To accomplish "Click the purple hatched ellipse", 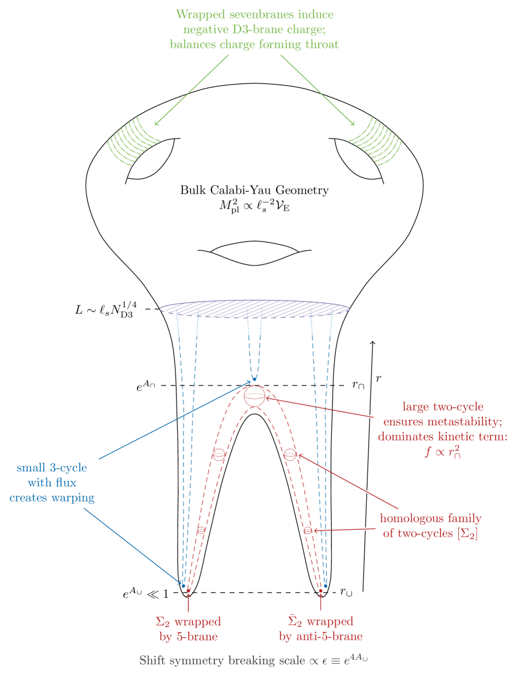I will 255,308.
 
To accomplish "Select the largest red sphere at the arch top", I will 254,396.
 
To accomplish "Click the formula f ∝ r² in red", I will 443,452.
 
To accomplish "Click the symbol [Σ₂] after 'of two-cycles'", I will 467,534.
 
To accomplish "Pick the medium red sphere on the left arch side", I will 219,455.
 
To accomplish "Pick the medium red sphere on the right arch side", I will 290,455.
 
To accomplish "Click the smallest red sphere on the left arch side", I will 201,529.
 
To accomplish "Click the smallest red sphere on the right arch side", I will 308,530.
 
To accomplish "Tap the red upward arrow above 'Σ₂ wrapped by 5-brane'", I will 188,602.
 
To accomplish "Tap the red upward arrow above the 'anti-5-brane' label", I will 321,602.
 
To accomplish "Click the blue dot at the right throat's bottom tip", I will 325,586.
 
